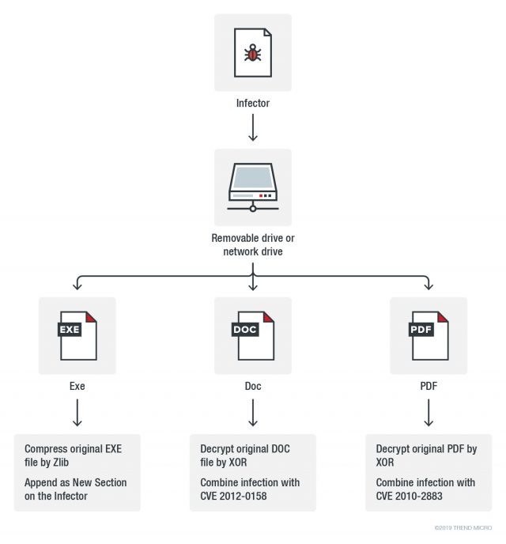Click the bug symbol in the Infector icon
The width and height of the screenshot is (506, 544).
pyautogui.click(x=253, y=54)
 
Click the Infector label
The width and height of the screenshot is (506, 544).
pyautogui.click(x=253, y=103)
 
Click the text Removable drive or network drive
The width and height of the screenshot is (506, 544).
pyautogui.click(x=253, y=244)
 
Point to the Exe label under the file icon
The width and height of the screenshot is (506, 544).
pyautogui.click(x=77, y=387)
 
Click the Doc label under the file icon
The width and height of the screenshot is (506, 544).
pyautogui.click(x=253, y=387)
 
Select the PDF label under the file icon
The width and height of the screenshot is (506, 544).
pyautogui.click(x=429, y=387)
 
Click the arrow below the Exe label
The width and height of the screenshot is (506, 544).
pyautogui.click(x=77, y=413)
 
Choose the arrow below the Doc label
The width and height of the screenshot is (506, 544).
pyautogui.click(x=253, y=413)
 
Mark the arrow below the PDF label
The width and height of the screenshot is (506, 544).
pyautogui.click(x=429, y=413)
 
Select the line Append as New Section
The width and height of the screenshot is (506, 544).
pyautogui.click(x=75, y=482)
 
